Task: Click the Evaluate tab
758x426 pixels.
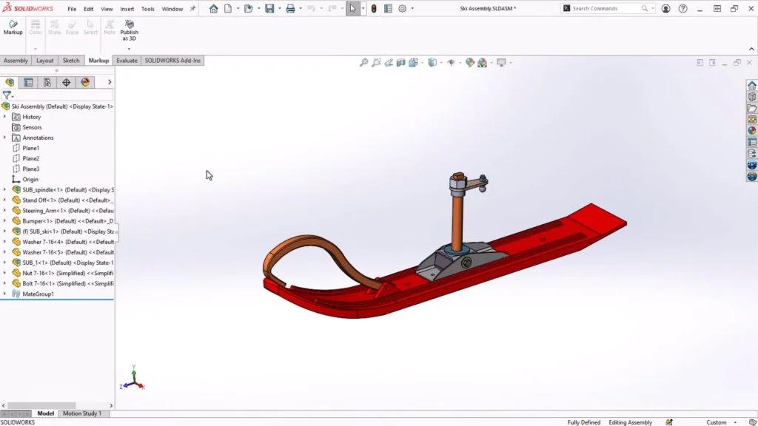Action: (x=127, y=61)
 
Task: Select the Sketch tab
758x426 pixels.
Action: (x=71, y=61)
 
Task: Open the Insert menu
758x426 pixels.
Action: (x=127, y=9)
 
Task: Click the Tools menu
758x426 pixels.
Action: (x=148, y=9)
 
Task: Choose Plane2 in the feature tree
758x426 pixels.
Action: (x=30, y=158)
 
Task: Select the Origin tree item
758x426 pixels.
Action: (x=30, y=179)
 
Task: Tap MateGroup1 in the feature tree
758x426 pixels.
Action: (x=38, y=294)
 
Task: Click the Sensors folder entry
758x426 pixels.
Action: (x=32, y=127)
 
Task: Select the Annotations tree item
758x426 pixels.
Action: (x=38, y=138)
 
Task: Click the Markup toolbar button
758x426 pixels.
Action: (x=13, y=27)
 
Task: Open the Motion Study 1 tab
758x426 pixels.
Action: (x=82, y=413)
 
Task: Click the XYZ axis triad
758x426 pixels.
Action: (x=133, y=379)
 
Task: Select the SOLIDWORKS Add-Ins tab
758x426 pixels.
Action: (x=172, y=61)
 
